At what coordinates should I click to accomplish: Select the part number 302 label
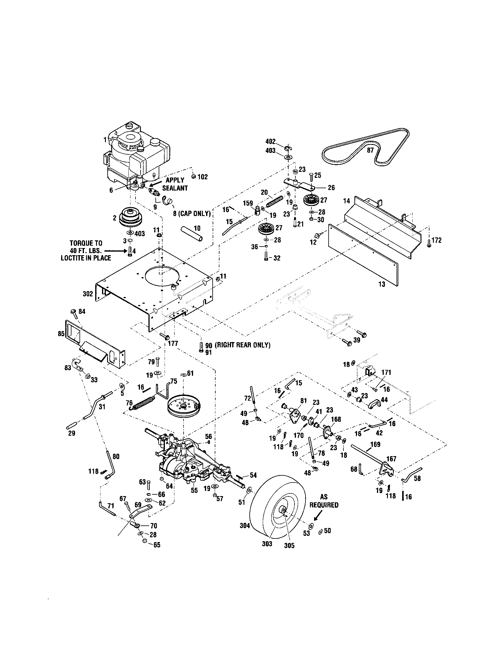[x=88, y=294]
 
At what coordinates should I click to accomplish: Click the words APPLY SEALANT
[x=175, y=184]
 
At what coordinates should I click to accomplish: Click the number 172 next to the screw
[x=436, y=240]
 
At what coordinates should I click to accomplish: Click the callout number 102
[x=202, y=177]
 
